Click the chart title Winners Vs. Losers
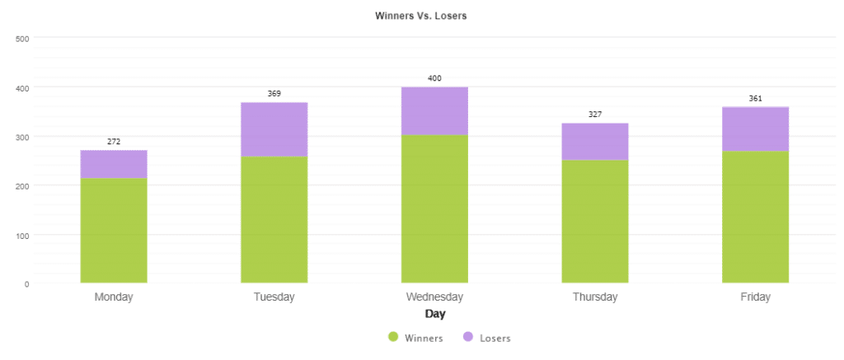click(x=421, y=16)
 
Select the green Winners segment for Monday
click(x=114, y=230)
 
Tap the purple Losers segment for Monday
click(x=114, y=164)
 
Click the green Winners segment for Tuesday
click(x=274, y=219)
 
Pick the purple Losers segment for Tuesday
click(x=274, y=129)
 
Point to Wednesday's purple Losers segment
click(x=434, y=111)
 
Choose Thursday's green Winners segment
click(x=595, y=221)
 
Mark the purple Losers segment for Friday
click(x=755, y=129)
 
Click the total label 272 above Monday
click(x=114, y=142)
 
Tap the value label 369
click(x=274, y=93)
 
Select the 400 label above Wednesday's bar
click(x=434, y=78)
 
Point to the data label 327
click(x=595, y=114)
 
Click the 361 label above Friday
click(x=755, y=98)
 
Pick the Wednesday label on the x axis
click(x=434, y=297)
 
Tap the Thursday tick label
click(x=595, y=297)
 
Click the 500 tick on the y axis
click(x=22, y=38)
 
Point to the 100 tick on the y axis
click(x=22, y=235)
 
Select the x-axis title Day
click(x=434, y=314)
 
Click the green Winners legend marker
click(x=393, y=338)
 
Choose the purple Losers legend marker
click(x=468, y=338)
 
